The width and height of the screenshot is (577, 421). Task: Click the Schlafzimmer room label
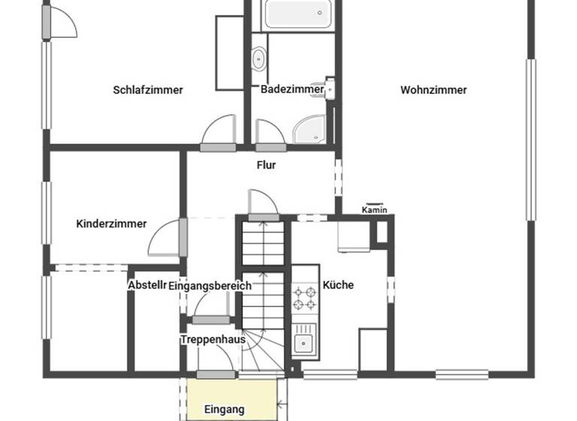point(148,90)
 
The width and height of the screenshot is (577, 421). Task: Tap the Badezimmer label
point(292,89)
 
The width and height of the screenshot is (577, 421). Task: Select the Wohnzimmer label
point(434,90)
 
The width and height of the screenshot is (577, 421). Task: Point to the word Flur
point(266,165)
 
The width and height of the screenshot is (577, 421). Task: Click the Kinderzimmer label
point(111,224)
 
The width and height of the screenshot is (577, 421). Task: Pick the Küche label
point(338,285)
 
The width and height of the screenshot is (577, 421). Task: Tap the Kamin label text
point(374,210)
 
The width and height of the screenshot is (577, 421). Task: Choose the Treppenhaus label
point(213,340)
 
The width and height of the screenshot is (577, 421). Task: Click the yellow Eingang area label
point(225,410)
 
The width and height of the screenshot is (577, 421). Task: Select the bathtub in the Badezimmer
point(292,14)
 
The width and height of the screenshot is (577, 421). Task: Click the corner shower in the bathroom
point(310,129)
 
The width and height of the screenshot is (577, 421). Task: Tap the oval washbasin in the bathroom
point(259,57)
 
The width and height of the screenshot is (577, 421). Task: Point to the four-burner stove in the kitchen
point(305,298)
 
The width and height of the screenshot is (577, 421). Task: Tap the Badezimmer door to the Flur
point(270,132)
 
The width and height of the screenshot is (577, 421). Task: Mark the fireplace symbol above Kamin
point(375,203)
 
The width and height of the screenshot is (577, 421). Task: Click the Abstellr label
point(146,286)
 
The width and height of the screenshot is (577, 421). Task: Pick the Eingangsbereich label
point(210,286)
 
